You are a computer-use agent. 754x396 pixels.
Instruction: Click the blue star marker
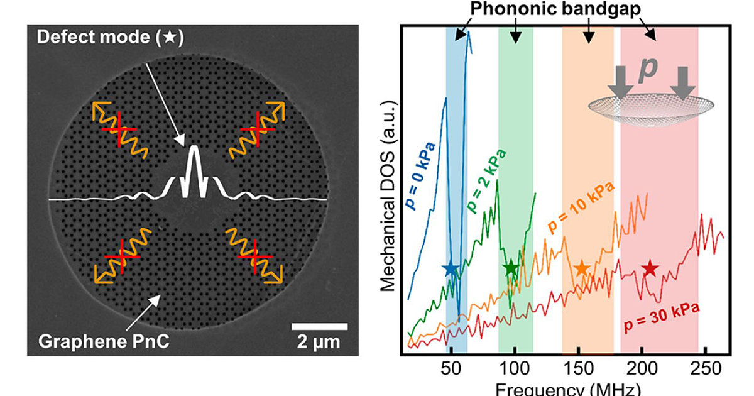[451, 268]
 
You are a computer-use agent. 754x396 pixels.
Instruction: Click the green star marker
[511, 268]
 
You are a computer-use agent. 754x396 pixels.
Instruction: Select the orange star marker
[582, 268]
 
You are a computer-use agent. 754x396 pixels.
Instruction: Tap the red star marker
[650, 268]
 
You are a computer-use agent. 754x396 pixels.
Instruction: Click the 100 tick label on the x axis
[515, 368]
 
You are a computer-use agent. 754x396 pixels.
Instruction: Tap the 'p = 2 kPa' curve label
[486, 181]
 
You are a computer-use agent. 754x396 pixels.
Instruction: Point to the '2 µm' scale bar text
[319, 343]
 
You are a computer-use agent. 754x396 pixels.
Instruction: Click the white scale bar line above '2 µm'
[319, 327]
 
